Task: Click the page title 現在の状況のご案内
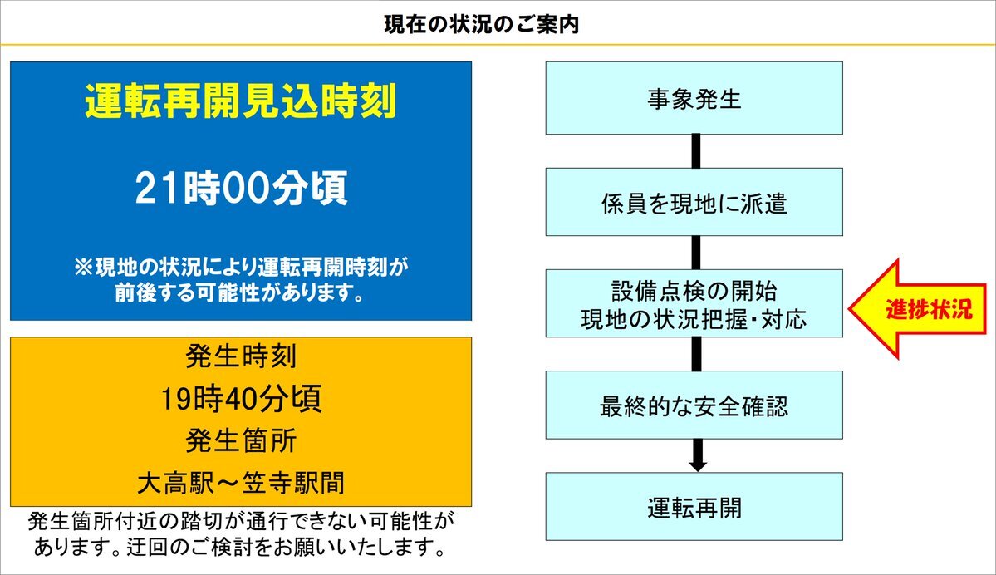482,24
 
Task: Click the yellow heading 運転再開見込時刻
241,101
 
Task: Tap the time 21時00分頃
242,188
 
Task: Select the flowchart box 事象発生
694,98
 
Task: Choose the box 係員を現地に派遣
694,202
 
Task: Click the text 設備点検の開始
694,291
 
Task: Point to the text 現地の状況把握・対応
694,319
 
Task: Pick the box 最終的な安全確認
694,405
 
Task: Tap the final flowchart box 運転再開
694,506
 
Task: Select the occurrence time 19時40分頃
242,399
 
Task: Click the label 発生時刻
242,356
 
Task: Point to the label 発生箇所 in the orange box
242,441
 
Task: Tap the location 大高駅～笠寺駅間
242,483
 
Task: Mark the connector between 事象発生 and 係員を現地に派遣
695,151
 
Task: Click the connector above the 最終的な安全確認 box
695,354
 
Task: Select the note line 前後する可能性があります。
241,292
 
